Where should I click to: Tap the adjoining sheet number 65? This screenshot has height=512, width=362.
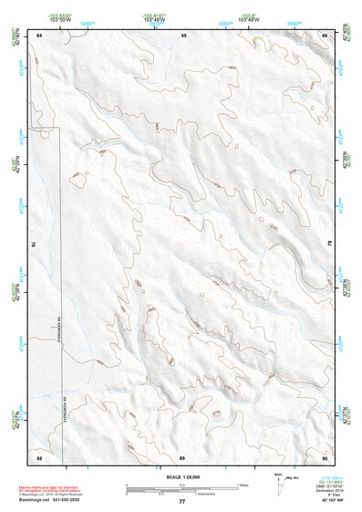[183, 35]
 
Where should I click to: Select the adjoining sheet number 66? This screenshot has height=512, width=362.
[325, 35]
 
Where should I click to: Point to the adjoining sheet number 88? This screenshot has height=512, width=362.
[39, 455]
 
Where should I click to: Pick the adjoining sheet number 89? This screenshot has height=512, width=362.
[182, 455]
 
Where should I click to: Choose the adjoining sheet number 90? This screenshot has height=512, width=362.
[325, 455]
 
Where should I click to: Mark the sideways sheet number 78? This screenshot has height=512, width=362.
[330, 245]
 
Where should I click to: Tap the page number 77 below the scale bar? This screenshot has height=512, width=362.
[181, 502]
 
